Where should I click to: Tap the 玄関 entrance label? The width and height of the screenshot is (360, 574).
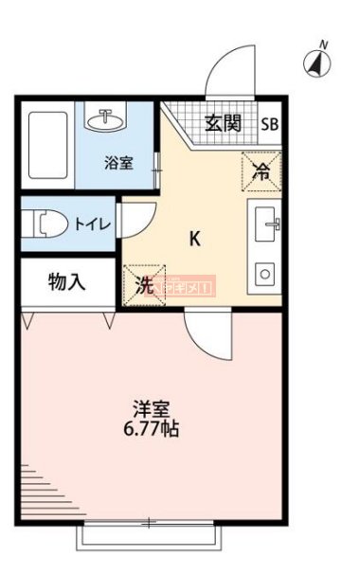(223, 122)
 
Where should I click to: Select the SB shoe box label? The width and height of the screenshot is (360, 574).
(270, 123)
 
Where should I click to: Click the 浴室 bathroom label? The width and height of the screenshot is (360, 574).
(118, 162)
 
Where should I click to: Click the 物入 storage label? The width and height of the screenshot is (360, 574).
(66, 281)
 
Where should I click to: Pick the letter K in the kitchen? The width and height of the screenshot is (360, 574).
(194, 238)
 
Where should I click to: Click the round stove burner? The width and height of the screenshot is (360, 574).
(266, 273)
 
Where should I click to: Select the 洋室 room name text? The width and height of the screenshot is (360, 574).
(152, 409)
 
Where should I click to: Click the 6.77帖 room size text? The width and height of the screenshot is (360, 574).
(152, 429)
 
